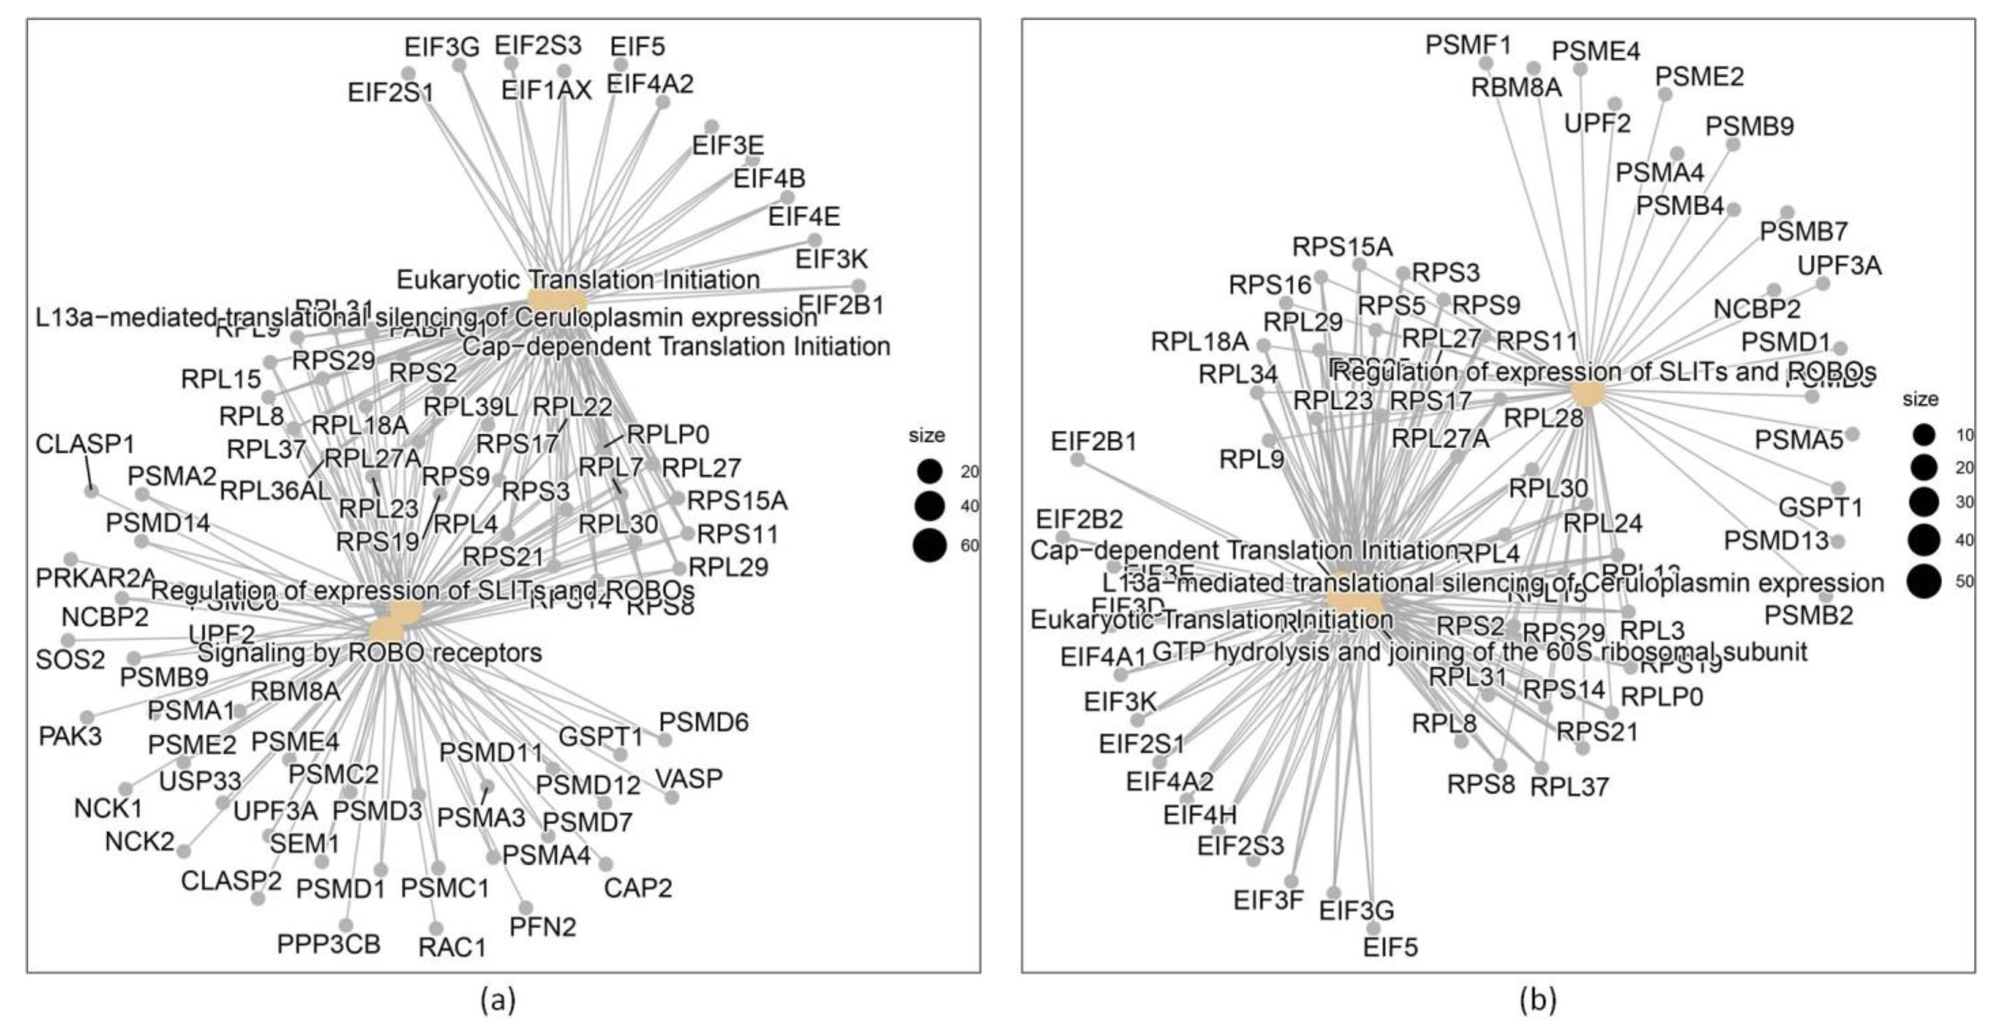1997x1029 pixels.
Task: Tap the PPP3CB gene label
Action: [329, 945]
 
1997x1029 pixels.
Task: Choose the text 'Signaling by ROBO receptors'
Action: [370, 653]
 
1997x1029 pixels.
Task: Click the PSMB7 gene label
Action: [1803, 231]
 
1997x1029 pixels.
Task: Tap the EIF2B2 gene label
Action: [1079, 519]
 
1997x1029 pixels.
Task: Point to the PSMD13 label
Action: [1775, 541]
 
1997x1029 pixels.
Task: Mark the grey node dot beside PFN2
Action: [526, 907]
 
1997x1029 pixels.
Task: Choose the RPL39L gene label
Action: [470, 406]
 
